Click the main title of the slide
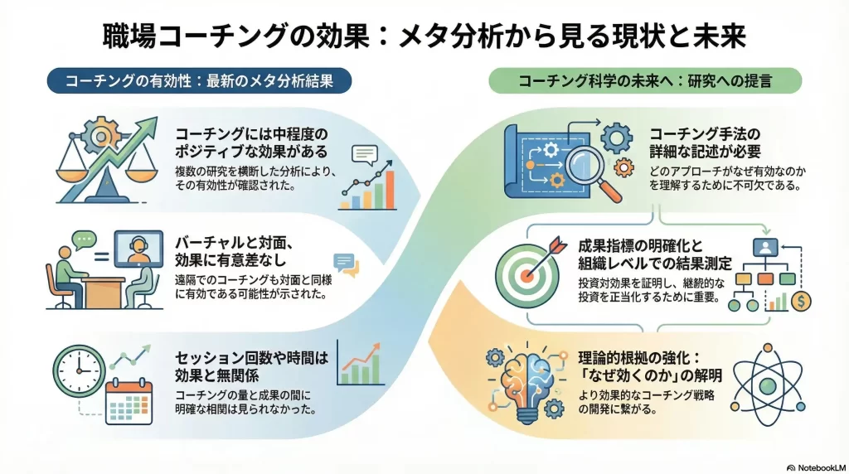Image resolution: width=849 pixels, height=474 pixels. point(424,36)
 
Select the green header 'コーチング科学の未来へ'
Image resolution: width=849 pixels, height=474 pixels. point(646,81)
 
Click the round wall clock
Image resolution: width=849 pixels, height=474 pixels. point(79,365)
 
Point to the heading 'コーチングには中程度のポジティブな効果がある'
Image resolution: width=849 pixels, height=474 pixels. point(252,142)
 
